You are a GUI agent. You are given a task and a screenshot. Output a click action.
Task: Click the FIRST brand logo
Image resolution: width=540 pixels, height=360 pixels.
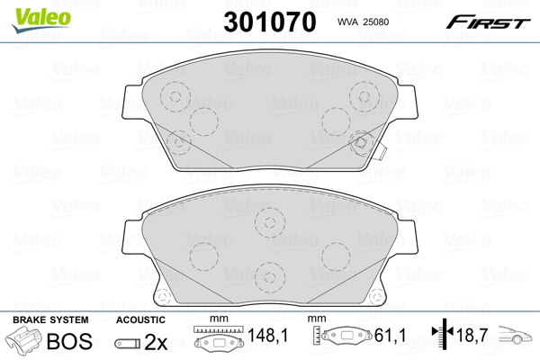pos(493,22)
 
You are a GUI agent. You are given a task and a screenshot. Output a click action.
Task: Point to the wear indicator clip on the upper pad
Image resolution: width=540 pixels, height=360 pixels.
pos(379,148)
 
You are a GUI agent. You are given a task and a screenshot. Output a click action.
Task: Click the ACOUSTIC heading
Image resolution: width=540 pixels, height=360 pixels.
pos(139,319)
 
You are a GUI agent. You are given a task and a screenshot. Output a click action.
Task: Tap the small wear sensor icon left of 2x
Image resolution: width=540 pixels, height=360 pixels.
pos(128,343)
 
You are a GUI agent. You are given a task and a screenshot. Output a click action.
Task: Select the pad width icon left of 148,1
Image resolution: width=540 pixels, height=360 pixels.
pos(218,341)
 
